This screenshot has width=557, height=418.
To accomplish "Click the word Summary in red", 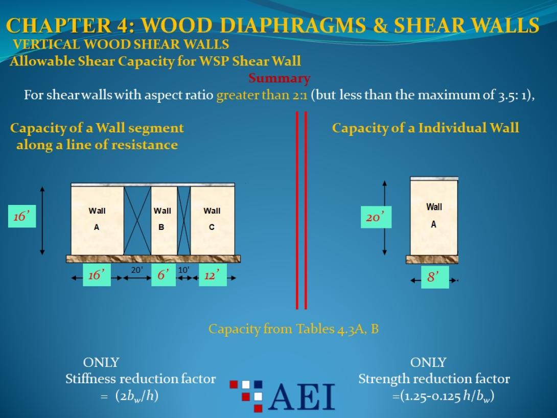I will coord(279,78).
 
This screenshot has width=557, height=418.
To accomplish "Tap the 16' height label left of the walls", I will coord(22,216).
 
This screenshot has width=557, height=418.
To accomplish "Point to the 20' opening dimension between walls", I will coord(137,270).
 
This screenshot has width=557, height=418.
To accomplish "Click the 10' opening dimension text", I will coord(183,270).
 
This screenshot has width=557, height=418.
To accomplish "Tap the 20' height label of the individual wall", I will coord(376,217).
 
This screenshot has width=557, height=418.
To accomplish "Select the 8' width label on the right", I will coord(434,277).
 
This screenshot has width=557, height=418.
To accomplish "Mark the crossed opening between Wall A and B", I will coord(137,221).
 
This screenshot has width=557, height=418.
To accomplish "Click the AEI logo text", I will coord(301,397).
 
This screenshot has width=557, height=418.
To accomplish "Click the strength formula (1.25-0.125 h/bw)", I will coord(443,396).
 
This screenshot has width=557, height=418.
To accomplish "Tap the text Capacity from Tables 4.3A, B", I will coord(293,329).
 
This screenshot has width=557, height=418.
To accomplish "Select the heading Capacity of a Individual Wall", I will coord(425,128).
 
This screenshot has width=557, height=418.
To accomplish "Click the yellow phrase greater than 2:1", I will coord(262,96).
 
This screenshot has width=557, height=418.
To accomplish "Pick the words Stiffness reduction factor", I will coord(141,379).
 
